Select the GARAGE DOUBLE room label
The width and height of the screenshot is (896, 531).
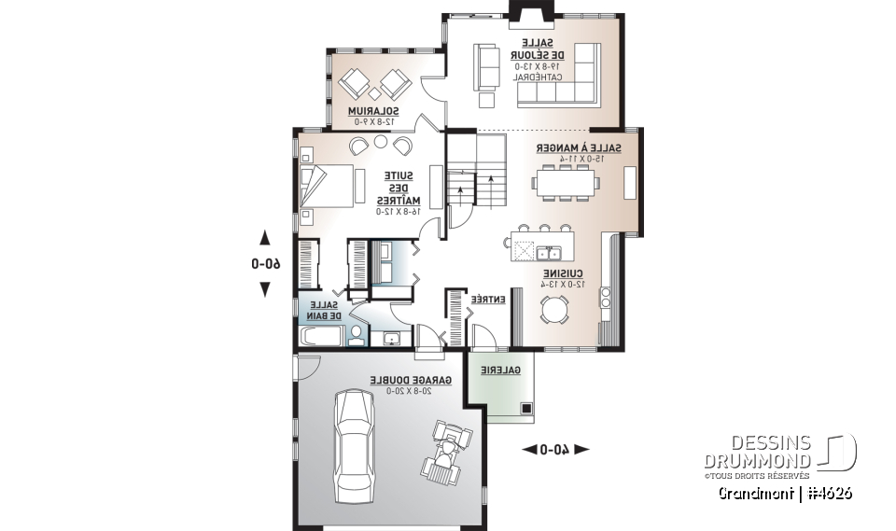coord(410,381)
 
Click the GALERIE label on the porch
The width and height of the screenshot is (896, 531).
coord(500,370)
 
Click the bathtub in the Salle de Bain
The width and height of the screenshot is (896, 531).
coord(322,336)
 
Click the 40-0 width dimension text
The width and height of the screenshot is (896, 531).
coord(554,450)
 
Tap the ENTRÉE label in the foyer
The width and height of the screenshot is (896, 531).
coord(487,300)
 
